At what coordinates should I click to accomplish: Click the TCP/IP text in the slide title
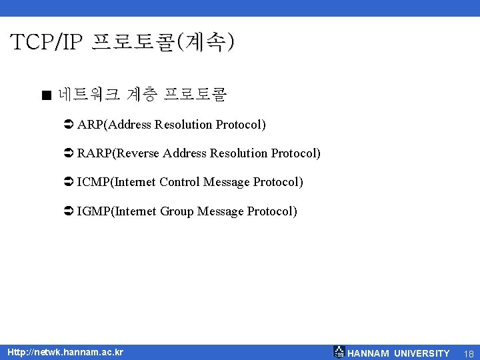47,43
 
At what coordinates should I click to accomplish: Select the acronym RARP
95,153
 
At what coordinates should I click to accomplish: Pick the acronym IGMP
94,211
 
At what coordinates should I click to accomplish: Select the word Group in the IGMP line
179,211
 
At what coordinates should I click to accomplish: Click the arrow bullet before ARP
68,125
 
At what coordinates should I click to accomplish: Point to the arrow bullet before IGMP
68,211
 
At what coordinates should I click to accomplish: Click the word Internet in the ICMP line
136,182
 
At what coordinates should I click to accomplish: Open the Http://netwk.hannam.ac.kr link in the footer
65,352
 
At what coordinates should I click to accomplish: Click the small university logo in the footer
339,352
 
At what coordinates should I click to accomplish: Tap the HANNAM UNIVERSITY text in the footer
399,353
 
